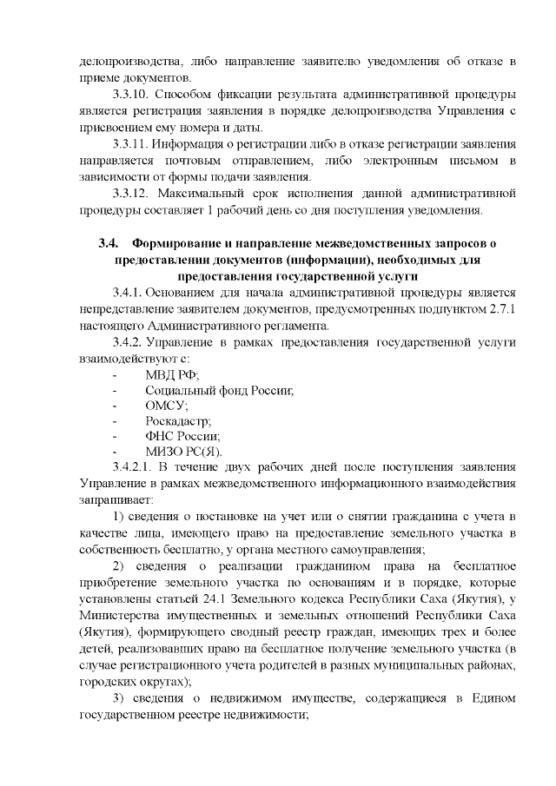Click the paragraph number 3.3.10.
pos(132,93)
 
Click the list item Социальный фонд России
pos(219,392)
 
